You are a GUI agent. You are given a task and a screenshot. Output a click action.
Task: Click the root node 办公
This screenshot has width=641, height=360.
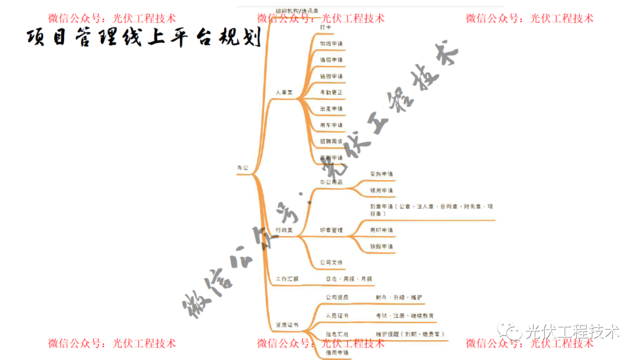(x=243, y=168)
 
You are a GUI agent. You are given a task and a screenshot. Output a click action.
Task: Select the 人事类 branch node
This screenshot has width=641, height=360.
(x=284, y=93)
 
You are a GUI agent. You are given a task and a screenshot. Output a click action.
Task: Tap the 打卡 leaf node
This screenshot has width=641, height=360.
(x=326, y=28)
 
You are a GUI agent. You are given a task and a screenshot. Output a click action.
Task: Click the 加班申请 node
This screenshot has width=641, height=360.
(x=331, y=44)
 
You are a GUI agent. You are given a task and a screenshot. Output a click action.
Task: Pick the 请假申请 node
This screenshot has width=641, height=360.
(x=331, y=60)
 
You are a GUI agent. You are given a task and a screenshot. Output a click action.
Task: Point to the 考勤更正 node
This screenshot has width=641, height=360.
(x=331, y=93)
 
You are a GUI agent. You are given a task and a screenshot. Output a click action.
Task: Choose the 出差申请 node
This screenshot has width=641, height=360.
(x=331, y=109)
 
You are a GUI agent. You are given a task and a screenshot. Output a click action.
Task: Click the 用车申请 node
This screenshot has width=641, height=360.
(x=331, y=125)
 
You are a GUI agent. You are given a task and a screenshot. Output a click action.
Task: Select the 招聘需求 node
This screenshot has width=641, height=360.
(x=331, y=142)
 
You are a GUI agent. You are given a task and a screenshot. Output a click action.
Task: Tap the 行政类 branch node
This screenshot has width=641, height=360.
(x=284, y=230)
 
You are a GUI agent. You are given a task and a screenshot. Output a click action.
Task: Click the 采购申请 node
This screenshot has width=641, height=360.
(x=381, y=174)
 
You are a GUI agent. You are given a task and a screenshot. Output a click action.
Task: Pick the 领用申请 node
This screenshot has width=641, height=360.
(x=381, y=190)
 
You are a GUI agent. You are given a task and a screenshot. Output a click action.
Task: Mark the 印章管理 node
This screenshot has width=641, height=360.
(x=331, y=230)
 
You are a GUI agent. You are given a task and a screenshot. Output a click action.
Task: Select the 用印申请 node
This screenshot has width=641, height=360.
(x=381, y=230)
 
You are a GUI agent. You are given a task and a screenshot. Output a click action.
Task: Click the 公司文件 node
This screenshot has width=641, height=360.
(x=331, y=262)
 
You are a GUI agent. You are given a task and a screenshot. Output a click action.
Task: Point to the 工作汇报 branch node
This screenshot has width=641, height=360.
(x=287, y=279)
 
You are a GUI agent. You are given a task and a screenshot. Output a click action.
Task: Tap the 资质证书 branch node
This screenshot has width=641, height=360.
(x=287, y=326)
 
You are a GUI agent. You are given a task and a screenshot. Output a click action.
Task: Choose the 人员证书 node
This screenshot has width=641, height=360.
(x=337, y=316)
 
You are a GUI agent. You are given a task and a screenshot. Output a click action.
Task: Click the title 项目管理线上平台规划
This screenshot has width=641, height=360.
(x=144, y=38)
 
